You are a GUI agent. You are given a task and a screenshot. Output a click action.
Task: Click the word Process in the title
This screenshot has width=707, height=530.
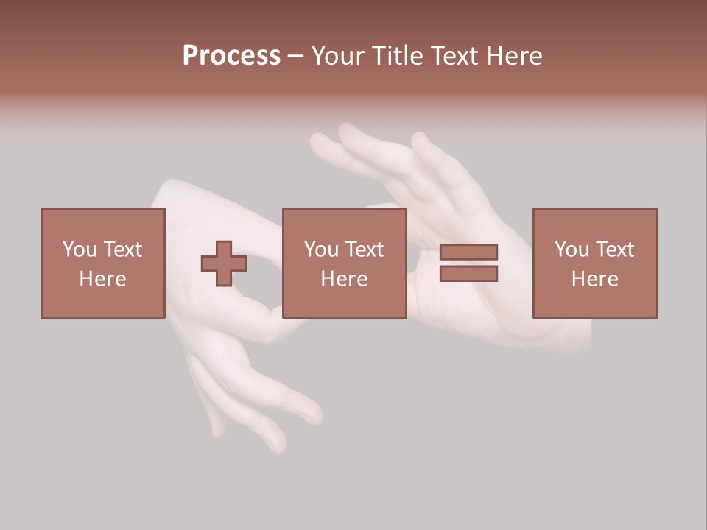click(231, 56)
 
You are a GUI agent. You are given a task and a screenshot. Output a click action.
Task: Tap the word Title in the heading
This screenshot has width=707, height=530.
click(395, 56)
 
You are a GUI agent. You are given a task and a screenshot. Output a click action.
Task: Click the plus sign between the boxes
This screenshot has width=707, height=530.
click(224, 264)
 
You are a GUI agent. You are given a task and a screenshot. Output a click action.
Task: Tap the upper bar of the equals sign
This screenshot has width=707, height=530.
click(468, 252)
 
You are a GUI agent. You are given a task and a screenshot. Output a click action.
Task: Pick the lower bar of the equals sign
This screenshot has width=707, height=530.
click(468, 273)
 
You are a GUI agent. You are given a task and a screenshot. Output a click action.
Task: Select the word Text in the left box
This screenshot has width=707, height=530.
click(123, 250)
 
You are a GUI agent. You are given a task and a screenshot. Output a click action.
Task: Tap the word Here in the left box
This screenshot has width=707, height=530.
click(102, 279)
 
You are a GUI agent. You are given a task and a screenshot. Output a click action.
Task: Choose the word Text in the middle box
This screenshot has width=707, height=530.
click(365, 250)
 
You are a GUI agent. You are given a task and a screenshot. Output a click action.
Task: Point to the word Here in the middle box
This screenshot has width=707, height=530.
click(344, 279)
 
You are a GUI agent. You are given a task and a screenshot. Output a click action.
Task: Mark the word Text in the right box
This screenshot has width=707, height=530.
click(615, 250)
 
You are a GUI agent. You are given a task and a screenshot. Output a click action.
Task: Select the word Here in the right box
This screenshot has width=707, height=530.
click(594, 279)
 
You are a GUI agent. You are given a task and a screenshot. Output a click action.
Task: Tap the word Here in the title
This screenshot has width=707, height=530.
click(513, 56)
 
